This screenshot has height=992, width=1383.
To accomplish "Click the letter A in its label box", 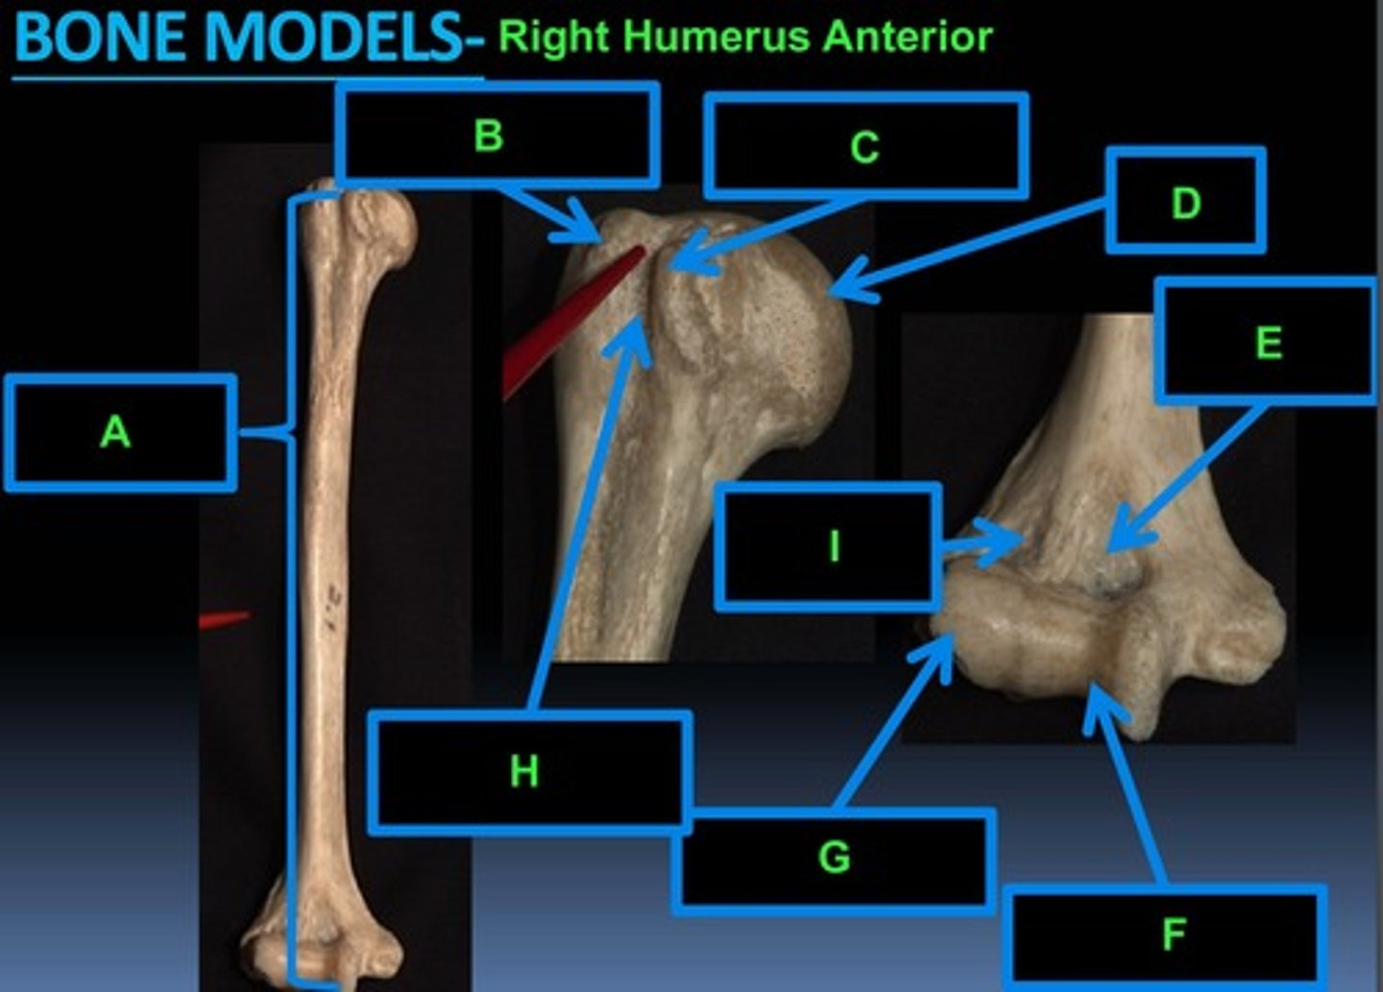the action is [x=115, y=432].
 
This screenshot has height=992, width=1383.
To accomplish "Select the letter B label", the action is [x=489, y=135].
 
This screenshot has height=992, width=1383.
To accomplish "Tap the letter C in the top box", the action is [x=864, y=148].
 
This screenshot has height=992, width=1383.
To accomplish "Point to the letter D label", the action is [x=1186, y=203].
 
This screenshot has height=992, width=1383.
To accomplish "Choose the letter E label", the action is [x=1269, y=343].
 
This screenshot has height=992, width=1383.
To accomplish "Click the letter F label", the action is [x=1174, y=933].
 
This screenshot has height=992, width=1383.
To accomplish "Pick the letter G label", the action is [x=834, y=857].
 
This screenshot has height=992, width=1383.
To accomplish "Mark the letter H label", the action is [x=524, y=771].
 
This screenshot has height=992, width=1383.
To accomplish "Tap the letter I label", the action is [x=834, y=546].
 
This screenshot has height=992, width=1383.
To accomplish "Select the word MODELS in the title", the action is [x=333, y=38].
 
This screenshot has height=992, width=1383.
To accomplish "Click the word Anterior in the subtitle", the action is [x=908, y=36].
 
